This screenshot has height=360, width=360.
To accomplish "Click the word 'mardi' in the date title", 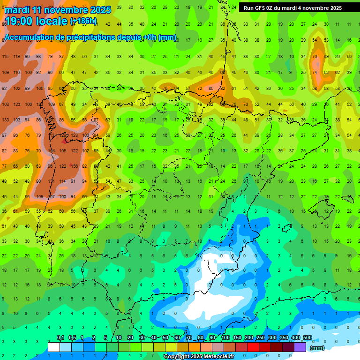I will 17,10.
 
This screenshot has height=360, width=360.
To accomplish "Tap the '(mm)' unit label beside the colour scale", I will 317,348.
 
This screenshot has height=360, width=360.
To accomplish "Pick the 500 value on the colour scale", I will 307,338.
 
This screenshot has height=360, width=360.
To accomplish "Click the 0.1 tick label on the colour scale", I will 60,338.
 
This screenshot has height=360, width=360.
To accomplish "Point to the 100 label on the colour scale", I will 225,338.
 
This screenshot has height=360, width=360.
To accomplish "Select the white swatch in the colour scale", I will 54,347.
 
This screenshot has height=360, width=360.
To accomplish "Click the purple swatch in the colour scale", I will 300,347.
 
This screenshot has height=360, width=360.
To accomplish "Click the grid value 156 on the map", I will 74,166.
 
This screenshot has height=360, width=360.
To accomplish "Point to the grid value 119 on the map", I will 17,57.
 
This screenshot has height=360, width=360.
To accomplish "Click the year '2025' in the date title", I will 101,10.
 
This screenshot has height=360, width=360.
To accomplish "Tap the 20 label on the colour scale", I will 130,338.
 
